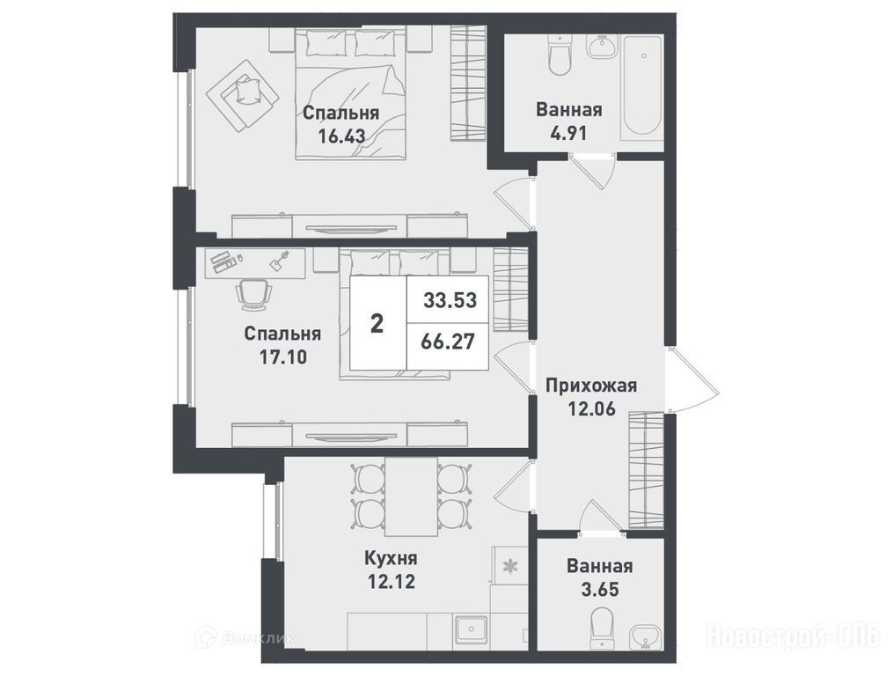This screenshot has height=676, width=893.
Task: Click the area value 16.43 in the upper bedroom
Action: click(x=341, y=136)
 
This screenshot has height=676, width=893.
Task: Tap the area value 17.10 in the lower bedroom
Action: click(x=283, y=356)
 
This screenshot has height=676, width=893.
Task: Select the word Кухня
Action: click(x=391, y=558)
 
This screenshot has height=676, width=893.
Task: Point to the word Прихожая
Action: click(x=591, y=386)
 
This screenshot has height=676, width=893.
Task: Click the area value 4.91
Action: click(x=568, y=133)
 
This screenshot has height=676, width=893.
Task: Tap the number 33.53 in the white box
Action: click(x=450, y=300)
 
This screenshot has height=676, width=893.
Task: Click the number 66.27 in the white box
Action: click(x=448, y=342)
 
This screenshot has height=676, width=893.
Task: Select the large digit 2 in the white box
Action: click(x=377, y=324)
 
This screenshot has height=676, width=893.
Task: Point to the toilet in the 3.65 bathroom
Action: click(x=601, y=627)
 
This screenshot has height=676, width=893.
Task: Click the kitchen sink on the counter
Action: click(x=472, y=630)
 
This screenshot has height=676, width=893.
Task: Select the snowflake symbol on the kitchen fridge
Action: click(x=508, y=566)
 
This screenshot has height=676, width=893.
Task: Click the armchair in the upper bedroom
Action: click(x=243, y=95)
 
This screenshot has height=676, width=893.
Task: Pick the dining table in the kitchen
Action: click(x=411, y=496)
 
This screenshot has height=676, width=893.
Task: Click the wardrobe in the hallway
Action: click(x=647, y=470)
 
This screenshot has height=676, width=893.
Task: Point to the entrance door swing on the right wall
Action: click(x=692, y=379)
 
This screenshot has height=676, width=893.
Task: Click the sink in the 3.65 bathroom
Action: click(x=645, y=636)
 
